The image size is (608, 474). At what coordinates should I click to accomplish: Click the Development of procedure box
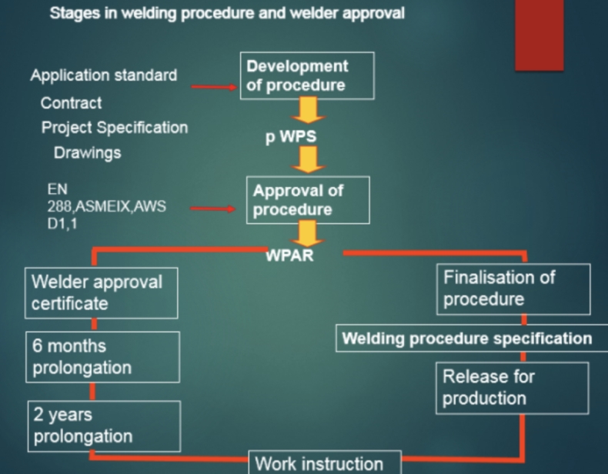coord(307,75)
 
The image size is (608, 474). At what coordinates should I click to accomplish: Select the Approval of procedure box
coord(307,200)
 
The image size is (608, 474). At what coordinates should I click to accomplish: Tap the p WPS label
coord(291,137)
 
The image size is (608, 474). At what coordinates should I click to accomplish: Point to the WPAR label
coord(289,255)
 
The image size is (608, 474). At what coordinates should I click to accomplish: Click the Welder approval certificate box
coord(101,292)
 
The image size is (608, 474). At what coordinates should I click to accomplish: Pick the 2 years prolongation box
coord(104,426)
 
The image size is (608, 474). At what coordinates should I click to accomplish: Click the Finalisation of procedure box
coord(513,289)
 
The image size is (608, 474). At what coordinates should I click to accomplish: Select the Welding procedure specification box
coord(467,339)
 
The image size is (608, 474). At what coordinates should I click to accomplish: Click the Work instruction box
coord(324,463)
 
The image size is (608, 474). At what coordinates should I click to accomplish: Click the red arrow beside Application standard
coord(214,87)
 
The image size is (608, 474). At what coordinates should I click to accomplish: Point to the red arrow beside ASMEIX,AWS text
coord(212,208)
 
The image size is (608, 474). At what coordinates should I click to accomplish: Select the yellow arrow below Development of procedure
coord(307,111)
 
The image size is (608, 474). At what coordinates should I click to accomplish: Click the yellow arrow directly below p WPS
coord(307,159)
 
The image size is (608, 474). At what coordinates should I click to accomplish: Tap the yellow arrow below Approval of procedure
coord(307,233)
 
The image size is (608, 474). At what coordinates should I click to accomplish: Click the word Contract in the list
coord(71,102)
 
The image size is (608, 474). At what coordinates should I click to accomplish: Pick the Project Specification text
coord(114,127)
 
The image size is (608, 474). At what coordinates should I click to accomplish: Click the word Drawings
coord(87,152)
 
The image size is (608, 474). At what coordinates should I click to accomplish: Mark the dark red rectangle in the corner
coord(539,35)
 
